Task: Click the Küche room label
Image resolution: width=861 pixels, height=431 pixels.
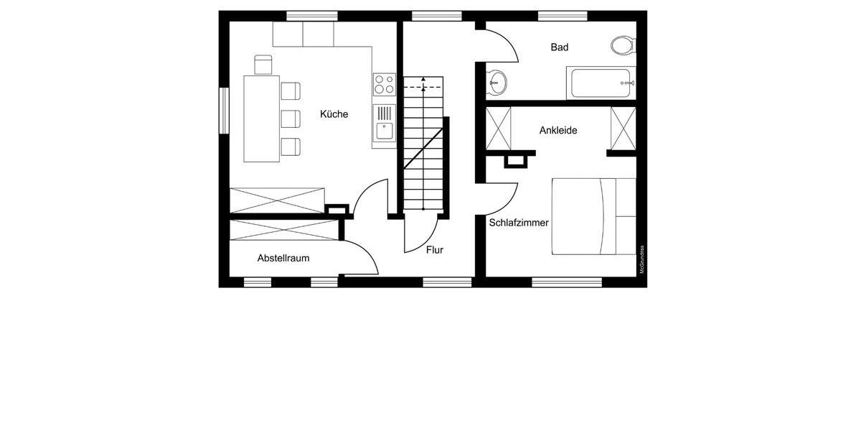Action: [334, 114]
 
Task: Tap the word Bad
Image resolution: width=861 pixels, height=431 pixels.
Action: [560, 47]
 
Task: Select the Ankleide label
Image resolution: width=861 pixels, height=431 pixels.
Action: [558, 131]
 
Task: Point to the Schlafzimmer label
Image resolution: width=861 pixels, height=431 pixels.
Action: [519, 223]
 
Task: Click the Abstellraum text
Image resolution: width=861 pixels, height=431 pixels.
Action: [283, 258]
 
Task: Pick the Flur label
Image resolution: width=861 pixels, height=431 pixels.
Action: [435, 250]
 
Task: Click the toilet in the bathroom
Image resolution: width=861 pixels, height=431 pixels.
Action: [623, 46]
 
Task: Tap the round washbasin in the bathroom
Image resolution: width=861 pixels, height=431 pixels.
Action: [497, 83]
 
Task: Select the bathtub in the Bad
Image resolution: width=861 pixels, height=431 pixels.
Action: [600, 83]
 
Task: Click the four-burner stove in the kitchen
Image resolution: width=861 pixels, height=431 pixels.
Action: [384, 84]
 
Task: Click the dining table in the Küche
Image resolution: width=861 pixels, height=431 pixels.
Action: [262, 119]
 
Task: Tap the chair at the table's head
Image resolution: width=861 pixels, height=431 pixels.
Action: [263, 65]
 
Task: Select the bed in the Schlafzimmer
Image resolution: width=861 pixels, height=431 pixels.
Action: [593, 215]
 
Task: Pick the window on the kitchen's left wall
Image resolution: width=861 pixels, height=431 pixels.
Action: [224, 111]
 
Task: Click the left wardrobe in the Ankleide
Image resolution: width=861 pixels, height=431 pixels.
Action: [499, 129]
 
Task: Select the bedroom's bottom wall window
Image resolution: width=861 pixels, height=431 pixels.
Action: [567, 282]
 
